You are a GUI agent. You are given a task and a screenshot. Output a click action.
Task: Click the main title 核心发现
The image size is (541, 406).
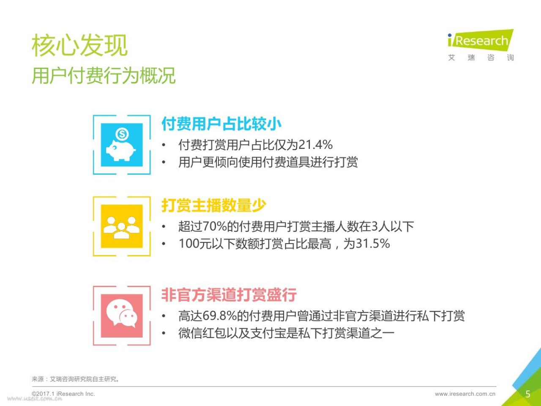coord(79,45)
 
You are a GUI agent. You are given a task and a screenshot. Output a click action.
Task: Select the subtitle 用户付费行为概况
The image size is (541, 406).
coord(104,75)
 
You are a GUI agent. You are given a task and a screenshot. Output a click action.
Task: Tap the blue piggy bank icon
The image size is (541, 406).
coord(121,150)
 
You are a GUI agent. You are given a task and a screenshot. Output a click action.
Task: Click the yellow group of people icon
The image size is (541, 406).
coord(121,228)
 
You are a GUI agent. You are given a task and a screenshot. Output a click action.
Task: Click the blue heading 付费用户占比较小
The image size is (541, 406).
coord(221,124)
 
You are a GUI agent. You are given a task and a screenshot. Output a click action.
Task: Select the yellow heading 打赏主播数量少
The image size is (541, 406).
coord(214,205)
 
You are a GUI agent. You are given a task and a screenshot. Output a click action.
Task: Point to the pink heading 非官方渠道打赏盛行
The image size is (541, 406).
coord(229,295)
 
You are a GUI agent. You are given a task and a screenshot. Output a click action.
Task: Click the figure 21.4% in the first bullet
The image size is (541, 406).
coord(315,145)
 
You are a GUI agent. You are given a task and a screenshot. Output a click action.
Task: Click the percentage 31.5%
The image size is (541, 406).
coord(373,244)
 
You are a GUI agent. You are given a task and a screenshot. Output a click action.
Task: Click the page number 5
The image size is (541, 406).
coord(528,394)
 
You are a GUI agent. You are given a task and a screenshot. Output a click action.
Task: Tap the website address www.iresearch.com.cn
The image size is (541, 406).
coord(465,394)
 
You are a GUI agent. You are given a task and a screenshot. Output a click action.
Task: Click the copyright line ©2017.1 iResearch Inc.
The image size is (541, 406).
coord(63,394)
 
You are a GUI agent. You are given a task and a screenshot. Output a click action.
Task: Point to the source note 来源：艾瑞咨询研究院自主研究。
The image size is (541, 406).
coord(76,379)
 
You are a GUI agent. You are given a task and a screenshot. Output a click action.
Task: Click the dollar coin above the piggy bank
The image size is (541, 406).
coord(122,134)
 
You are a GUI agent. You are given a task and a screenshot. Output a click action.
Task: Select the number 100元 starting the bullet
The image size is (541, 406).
coord(195,244)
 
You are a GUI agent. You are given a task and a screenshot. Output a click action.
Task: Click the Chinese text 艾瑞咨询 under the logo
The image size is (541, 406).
coord(481,58)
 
